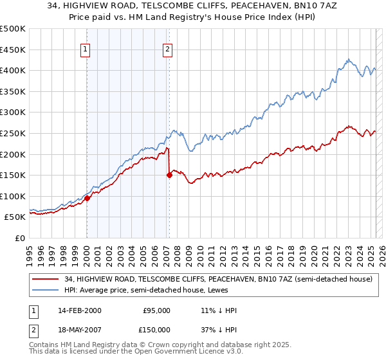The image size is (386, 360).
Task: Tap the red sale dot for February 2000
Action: [87, 198]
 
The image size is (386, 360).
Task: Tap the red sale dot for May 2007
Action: [169, 175]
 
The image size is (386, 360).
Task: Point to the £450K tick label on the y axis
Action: [13, 50]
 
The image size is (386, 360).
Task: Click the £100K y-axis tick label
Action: [13, 196]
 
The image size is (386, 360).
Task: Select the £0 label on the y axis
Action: [20, 238]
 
